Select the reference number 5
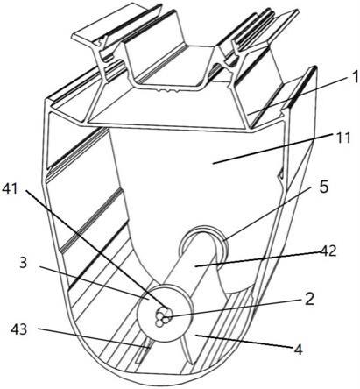click(x=323, y=187)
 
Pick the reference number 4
click(x=298, y=350)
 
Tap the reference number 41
click(x=10, y=189)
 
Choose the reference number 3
click(x=23, y=263)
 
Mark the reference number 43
click(x=19, y=329)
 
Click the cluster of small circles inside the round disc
click(x=162, y=319)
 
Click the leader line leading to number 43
click(x=94, y=338)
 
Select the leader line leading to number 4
click(x=244, y=341)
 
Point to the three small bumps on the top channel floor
click(x=168, y=91)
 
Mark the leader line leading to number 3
click(x=95, y=283)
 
